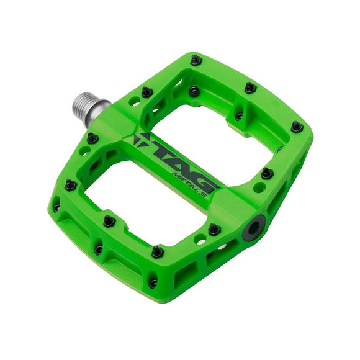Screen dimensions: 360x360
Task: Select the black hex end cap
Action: coord(254,228)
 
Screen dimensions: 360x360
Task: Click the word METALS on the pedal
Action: coord(189,184)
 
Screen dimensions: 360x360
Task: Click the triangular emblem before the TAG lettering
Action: coord(141,140)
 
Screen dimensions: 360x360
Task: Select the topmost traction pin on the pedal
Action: coord(196,60)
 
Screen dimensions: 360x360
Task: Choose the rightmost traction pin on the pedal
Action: coord(297,127)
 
